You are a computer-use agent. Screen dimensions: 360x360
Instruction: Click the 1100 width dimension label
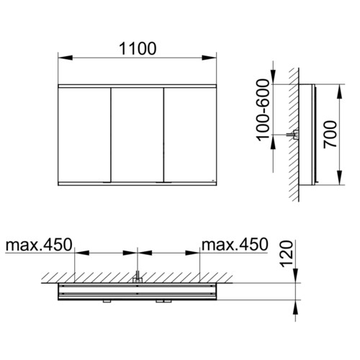pyautogui.click(x=138, y=49)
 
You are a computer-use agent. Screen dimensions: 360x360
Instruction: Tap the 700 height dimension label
pyautogui.click(x=330, y=135)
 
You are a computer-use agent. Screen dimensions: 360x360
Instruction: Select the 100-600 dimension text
pyautogui.click(x=263, y=109)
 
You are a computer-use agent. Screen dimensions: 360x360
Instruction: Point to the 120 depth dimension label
pyautogui.click(x=287, y=254)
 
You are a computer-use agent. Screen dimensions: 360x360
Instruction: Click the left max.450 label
pyautogui.click(x=39, y=245)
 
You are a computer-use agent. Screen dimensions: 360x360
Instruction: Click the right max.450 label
pyautogui.click(x=235, y=245)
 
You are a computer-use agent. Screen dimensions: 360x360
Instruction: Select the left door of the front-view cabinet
pyautogui.click(x=84, y=135)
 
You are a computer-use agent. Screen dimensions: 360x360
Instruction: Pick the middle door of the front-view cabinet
pyautogui.click(x=138, y=135)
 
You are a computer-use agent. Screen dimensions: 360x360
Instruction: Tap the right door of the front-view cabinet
pyautogui.click(x=190, y=135)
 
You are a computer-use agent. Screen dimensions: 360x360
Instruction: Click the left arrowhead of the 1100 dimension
pyautogui.click(x=66, y=58)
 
